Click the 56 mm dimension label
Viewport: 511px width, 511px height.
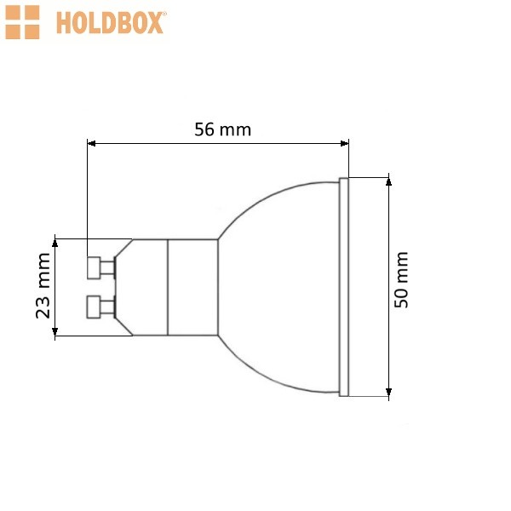222,129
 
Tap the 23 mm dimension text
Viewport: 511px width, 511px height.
43,285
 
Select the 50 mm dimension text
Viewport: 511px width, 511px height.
401,279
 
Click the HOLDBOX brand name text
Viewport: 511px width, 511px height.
111,23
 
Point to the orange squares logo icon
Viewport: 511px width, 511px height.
22,22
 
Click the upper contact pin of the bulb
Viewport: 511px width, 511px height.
101,268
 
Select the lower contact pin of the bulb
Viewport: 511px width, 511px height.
101,307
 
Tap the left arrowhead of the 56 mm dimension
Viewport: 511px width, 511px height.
92,143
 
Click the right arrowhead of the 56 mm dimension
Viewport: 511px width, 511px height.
344,143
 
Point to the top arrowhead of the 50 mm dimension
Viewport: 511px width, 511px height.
388,181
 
